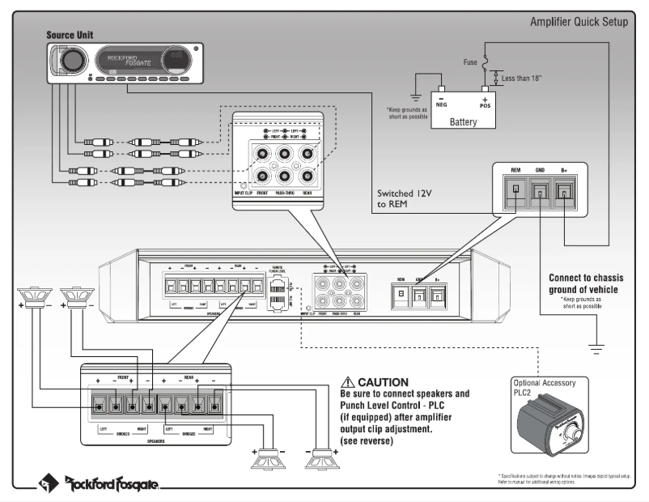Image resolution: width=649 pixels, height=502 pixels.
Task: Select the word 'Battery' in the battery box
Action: coord(463,122)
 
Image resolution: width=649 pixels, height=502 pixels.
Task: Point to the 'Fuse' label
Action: coord(470,61)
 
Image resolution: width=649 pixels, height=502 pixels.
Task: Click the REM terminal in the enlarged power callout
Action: coord(515,191)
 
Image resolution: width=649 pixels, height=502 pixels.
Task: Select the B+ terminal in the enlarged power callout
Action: coord(564,191)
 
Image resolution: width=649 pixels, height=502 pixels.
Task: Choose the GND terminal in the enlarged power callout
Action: coord(540,191)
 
